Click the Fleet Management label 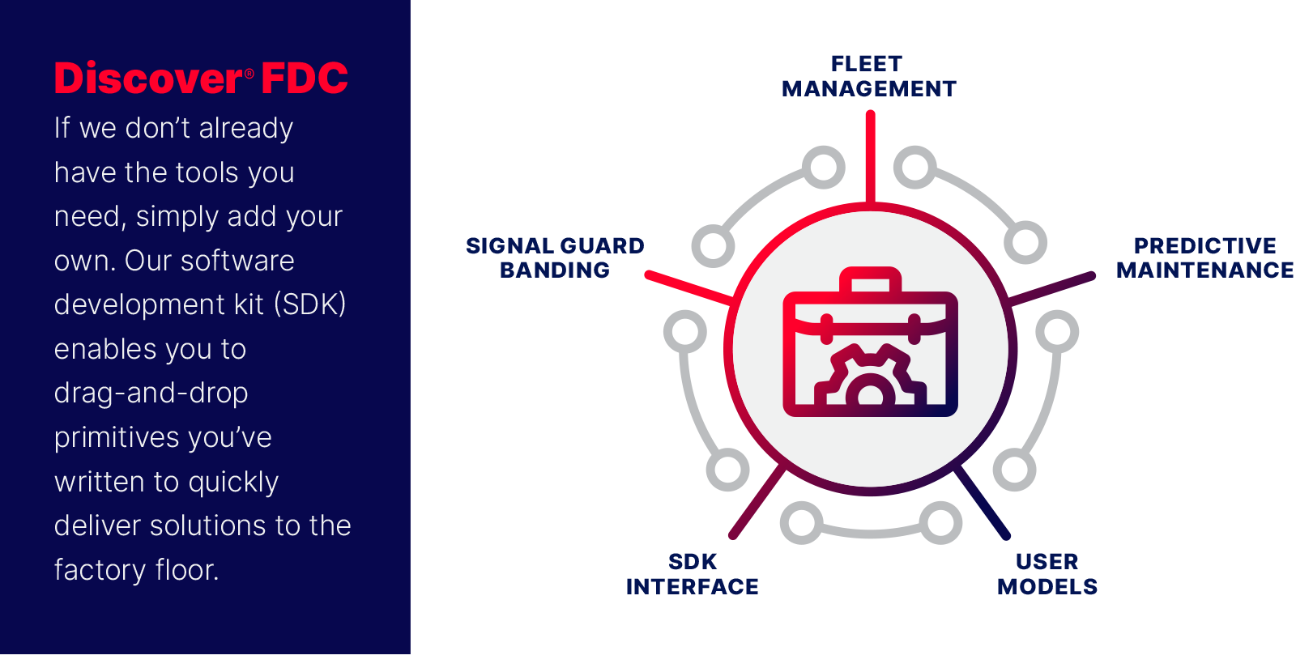(x=868, y=76)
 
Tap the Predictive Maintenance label (x=1204, y=258)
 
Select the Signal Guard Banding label (x=555, y=258)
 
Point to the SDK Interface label (x=692, y=574)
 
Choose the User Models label (x=1047, y=574)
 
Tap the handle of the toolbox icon (x=870, y=279)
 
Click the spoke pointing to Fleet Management (x=870, y=157)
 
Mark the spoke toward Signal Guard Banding (x=689, y=287)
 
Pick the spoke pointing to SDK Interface (x=758, y=501)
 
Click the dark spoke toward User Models (x=982, y=502)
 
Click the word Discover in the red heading (x=149, y=78)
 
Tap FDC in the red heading (x=305, y=78)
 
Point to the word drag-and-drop (x=151, y=394)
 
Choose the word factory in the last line (x=100, y=570)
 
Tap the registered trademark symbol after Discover (x=249, y=74)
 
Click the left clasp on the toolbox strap (x=827, y=329)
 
